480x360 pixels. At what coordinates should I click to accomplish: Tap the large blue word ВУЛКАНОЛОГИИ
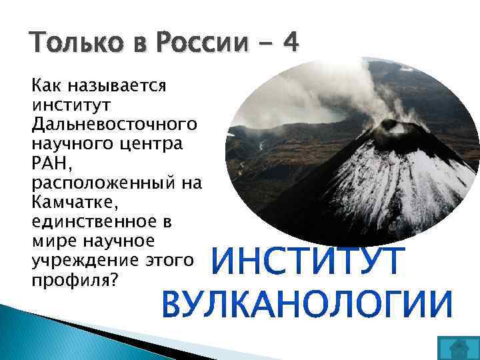[307, 304]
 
